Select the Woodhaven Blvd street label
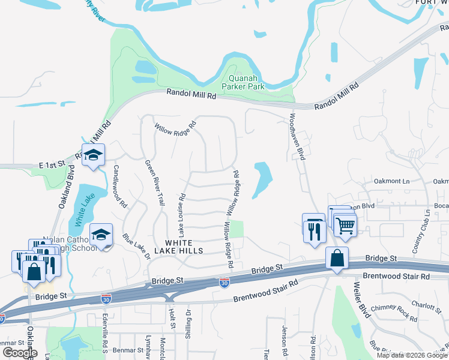(x=298, y=136)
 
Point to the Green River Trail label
(x=154, y=183)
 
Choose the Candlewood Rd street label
(x=119, y=187)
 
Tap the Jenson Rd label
(x=285, y=339)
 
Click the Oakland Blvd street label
(x=65, y=190)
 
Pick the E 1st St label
(x=51, y=164)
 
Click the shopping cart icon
(x=345, y=226)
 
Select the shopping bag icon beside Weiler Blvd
(x=337, y=259)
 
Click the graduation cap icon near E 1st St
(x=94, y=156)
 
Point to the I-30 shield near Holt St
(x=224, y=281)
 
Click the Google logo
(x=19, y=353)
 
